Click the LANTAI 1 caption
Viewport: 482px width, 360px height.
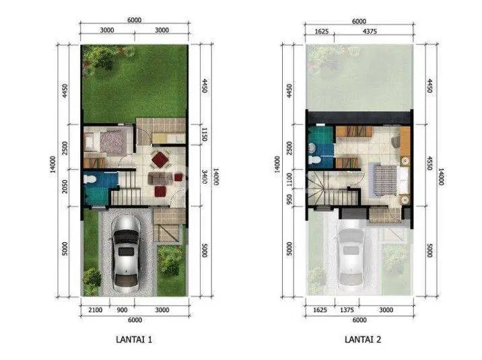click(134, 339)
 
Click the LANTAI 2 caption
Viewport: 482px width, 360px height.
click(363, 339)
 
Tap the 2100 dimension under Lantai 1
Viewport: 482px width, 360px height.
click(96, 310)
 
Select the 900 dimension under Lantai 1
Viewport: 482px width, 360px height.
click(122, 310)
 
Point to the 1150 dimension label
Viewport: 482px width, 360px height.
click(204, 135)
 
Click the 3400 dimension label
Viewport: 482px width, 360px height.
click(204, 176)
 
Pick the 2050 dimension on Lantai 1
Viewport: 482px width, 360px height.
click(65, 186)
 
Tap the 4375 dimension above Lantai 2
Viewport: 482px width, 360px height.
click(370, 32)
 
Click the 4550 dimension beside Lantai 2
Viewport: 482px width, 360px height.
click(429, 164)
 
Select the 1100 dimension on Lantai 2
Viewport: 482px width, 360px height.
click(289, 180)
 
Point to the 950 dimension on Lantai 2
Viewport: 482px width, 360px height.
click(289, 201)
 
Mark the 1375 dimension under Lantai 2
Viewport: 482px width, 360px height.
click(347, 310)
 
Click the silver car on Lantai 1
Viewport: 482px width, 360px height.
click(126, 254)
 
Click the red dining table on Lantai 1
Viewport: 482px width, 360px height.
click(160, 159)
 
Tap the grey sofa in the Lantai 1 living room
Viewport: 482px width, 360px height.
click(160, 178)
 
